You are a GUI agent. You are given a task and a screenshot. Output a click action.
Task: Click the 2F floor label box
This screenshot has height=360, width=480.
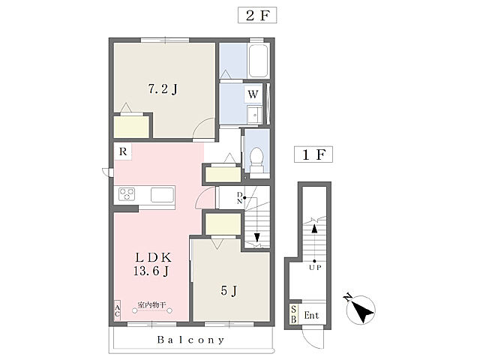click(257, 15)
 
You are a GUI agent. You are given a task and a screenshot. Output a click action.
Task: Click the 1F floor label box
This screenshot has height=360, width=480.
click(313, 154)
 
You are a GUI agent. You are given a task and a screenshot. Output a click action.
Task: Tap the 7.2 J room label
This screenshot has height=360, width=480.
click(163, 89)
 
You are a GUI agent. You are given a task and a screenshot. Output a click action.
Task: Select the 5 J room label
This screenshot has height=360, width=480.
click(229, 290)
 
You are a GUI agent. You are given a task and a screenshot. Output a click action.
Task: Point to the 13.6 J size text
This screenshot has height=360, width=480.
click(151, 271)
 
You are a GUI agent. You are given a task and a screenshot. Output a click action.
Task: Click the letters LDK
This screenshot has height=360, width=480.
click(153, 257)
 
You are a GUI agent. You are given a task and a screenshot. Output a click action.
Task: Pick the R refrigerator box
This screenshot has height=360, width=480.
click(123, 151)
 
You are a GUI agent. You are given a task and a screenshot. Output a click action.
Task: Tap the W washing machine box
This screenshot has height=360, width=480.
click(253, 94)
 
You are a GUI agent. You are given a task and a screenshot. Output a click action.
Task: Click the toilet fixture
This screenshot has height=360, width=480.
click(256, 160)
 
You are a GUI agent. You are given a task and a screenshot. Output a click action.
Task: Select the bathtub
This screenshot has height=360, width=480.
click(259, 61)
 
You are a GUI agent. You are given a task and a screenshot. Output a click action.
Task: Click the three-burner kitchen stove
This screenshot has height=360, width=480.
click(127, 194)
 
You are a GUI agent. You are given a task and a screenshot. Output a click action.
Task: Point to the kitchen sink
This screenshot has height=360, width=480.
click(162, 195)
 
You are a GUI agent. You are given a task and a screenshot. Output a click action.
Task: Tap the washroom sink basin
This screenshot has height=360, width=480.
click(255, 115)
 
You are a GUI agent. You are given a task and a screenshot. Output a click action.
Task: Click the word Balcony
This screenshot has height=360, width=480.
click(191, 340)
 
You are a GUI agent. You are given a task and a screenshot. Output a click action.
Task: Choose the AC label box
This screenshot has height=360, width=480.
click(117, 310)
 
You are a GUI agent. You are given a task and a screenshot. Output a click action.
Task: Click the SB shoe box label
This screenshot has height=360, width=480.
click(293, 314)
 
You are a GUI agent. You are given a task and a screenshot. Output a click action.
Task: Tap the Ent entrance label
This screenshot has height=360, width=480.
click(311, 315)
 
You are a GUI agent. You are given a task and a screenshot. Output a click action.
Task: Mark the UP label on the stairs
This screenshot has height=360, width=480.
click(315, 268)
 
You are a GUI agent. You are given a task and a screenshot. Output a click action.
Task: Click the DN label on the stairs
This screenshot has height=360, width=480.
click(240, 198)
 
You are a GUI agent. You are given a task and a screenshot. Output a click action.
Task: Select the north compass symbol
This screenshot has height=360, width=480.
click(360, 309)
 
